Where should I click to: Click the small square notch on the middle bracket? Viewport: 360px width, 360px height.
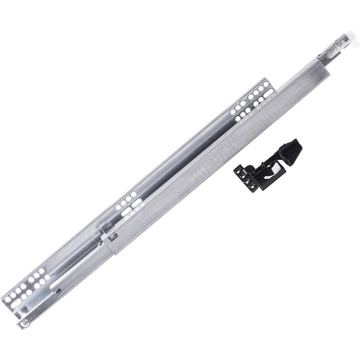point(113,236)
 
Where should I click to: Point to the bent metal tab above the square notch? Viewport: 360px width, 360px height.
point(104,228)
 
